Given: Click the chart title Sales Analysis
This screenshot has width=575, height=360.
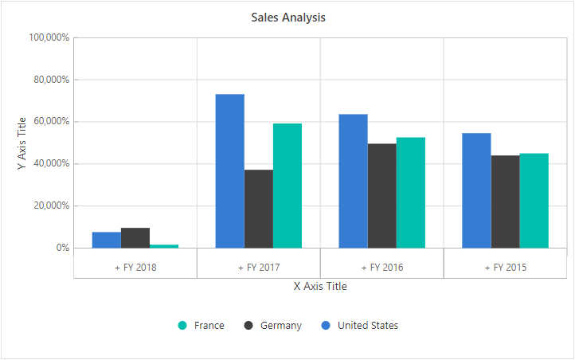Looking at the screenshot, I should tap(287, 17).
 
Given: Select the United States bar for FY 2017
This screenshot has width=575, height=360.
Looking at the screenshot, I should tap(229, 170).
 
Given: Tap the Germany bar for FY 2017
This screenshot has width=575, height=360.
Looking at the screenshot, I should tap(258, 209).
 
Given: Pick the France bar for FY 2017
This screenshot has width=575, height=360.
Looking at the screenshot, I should tap(287, 186).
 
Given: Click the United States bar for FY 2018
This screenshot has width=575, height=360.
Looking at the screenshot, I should tap(106, 240).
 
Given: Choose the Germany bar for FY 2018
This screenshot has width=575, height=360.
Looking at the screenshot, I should tap(135, 238).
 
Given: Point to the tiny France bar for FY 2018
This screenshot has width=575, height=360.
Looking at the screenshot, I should tap(164, 246).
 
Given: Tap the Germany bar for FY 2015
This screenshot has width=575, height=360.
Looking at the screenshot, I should tap(505, 202).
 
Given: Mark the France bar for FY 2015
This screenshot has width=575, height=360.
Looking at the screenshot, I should tap(534, 201).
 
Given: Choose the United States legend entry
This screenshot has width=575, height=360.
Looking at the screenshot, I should tap(359, 326).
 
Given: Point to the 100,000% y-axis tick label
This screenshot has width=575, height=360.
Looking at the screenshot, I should tap(49, 37).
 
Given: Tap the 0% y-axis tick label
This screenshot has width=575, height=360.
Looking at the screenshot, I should tap(61, 248).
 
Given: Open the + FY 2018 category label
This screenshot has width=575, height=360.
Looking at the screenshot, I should tap(135, 268).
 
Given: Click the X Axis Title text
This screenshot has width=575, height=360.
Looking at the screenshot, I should tap(320, 286).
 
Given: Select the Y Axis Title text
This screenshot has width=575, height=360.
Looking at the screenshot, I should tap(22, 143).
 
